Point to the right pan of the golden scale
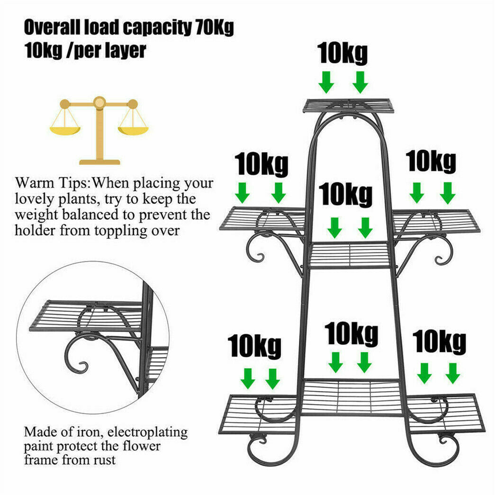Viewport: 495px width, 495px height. [x=133, y=127]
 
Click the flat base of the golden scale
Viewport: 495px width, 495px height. [x=99, y=162]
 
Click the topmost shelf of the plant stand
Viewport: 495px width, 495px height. [x=348, y=105]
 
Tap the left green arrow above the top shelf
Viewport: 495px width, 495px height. [x=326, y=82]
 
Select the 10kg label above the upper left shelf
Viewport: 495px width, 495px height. [x=261, y=165]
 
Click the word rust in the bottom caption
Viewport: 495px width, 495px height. [x=105, y=460]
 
